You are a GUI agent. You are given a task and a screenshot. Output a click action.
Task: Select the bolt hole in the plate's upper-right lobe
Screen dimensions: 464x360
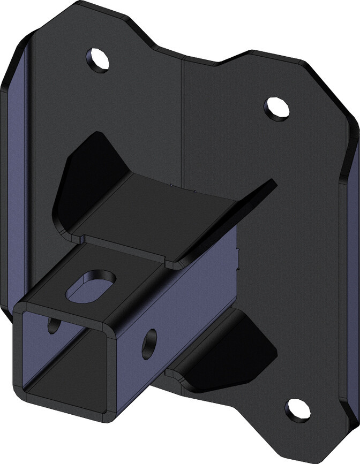point(276,107)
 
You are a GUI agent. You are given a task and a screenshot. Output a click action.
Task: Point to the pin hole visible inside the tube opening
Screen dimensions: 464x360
point(54,324)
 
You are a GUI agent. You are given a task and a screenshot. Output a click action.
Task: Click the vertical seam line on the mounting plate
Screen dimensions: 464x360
point(184,107)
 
